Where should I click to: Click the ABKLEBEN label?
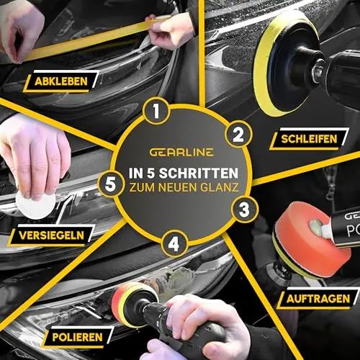(61, 81)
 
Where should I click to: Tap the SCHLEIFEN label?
(309, 139)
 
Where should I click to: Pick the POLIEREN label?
(77, 337)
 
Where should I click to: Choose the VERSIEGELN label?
(51, 235)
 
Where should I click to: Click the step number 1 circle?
(156, 111)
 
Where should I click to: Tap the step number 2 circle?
(238, 135)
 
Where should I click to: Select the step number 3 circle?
(244, 210)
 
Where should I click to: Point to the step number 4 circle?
(174, 244)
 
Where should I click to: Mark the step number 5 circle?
(110, 184)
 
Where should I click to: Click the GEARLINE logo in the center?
(181, 153)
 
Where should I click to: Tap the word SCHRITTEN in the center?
(199, 174)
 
